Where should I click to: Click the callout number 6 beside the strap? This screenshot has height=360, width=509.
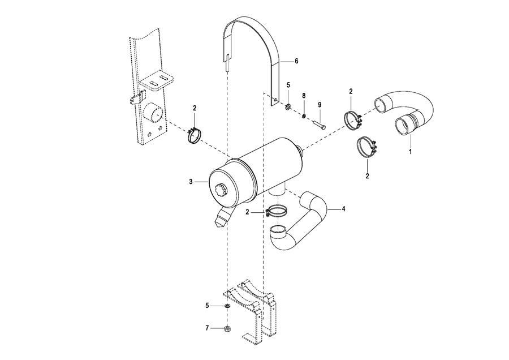pyautogui.click(x=296, y=61)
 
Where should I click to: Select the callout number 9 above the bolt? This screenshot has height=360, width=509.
pyautogui.click(x=320, y=105)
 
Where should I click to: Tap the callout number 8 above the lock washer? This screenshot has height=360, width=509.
pyautogui.click(x=304, y=96)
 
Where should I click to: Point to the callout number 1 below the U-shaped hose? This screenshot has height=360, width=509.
pyautogui.click(x=410, y=151)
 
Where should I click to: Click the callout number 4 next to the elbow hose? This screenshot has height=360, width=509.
pyautogui.click(x=343, y=209)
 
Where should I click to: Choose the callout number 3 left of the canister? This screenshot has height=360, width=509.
pyautogui.click(x=191, y=182)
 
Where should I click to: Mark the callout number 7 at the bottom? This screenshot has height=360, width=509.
pyautogui.click(x=207, y=328)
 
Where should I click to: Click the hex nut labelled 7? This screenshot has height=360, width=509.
pyautogui.click(x=227, y=329)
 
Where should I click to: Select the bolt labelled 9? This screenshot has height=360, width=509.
pyautogui.click(x=320, y=125)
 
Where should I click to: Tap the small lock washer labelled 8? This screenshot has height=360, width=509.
pyautogui.click(x=304, y=115)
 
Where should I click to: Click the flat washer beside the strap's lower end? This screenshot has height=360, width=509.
pyautogui.click(x=288, y=106)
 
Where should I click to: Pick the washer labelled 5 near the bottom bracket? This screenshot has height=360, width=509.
pyautogui.click(x=227, y=306)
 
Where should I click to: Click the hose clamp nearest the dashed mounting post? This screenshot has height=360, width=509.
pyautogui.click(x=194, y=136)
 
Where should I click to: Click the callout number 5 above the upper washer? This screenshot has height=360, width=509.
pyautogui.click(x=288, y=85)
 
